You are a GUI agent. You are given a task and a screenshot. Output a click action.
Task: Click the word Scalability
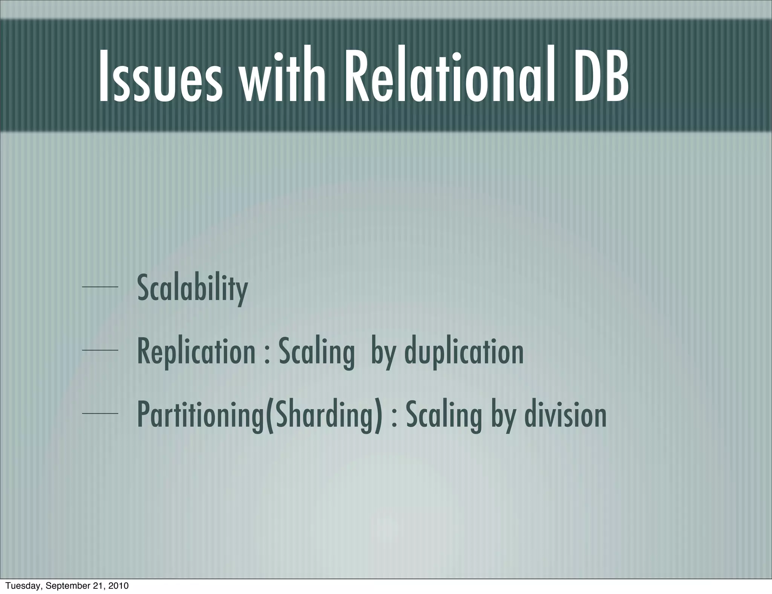click(192, 288)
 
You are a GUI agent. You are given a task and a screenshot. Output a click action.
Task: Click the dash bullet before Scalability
click(100, 288)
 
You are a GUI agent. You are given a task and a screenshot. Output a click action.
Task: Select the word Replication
click(196, 351)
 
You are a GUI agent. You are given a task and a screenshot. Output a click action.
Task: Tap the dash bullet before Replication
click(100, 351)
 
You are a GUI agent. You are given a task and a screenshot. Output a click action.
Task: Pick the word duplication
click(464, 351)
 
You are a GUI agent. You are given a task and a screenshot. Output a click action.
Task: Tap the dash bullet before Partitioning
click(100, 414)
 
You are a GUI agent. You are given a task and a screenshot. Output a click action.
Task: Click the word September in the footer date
click(66, 586)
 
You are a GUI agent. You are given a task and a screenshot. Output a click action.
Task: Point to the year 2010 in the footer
click(118, 586)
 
